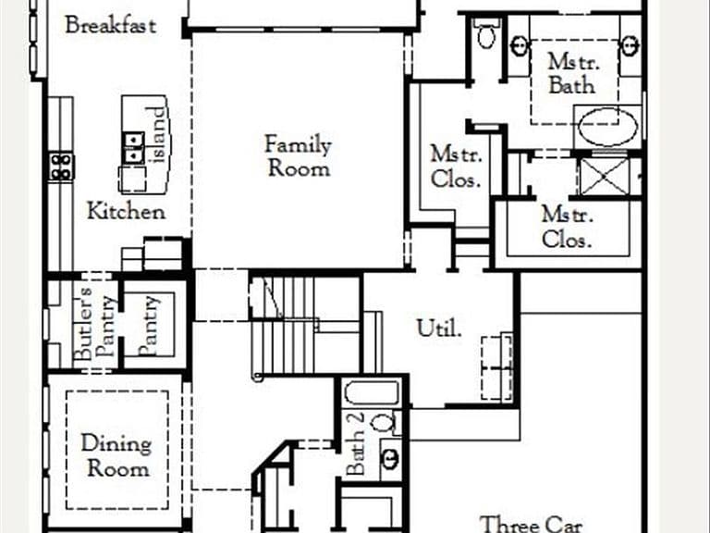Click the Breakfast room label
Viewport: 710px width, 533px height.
111,25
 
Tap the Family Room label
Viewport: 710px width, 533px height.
298,155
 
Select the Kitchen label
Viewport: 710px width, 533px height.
126,211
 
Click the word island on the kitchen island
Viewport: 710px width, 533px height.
158,134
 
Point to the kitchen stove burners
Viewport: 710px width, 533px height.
61,167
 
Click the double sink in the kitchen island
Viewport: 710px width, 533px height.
133,148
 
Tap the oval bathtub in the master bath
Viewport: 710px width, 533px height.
607,128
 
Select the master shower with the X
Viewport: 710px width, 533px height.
605,177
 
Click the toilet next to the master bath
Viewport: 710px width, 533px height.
486,33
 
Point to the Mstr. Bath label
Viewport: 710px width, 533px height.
572,73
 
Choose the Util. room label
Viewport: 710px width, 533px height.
439,328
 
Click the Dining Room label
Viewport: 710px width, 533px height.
116,455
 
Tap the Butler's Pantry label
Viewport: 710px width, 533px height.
94,323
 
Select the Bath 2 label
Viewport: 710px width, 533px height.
355,443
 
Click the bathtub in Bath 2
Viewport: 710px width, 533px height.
372,392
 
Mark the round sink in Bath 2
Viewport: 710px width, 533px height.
390,459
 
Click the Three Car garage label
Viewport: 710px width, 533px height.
531,525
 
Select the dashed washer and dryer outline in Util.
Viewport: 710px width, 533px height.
496,368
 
